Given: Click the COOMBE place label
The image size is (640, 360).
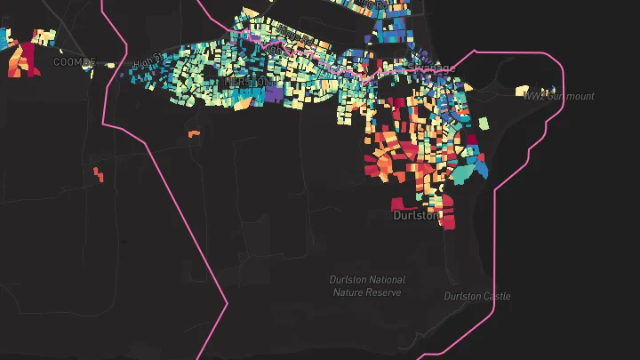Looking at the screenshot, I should pyautogui.click(x=74, y=62).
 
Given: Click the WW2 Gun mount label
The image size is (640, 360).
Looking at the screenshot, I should pyautogui.click(x=558, y=96).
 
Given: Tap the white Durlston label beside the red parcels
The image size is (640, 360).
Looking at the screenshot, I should pyautogui.click(x=416, y=215).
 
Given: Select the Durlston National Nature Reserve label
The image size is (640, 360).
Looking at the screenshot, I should pyautogui.click(x=367, y=285).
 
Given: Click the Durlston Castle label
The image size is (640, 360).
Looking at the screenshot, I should pyautogui.click(x=477, y=296).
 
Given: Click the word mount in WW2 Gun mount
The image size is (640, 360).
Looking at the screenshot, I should pyautogui.click(x=578, y=96).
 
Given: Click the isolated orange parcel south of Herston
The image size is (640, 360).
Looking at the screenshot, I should pyautogui.click(x=194, y=134).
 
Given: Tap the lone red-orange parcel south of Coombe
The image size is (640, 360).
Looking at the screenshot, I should pyautogui.click(x=98, y=173).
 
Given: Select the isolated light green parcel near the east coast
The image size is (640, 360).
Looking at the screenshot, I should pyautogui.click(x=484, y=123).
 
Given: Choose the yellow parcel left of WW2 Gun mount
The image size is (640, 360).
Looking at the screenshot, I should pyautogui.click(x=522, y=90).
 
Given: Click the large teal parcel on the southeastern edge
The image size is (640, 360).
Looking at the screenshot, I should pyautogui.click(x=463, y=173).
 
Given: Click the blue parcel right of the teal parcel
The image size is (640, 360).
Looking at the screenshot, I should pyautogui.click(x=480, y=165).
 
